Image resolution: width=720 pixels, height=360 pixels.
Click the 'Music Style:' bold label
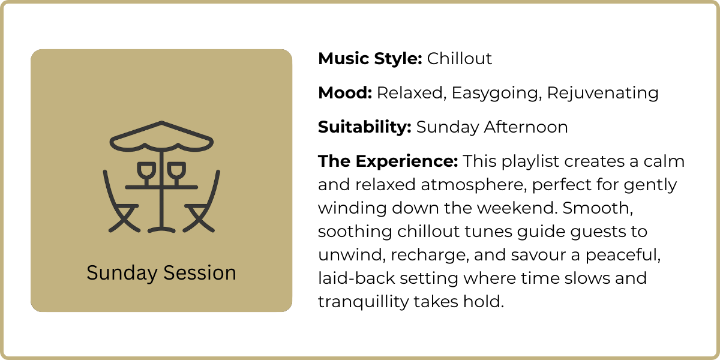pos(370,59)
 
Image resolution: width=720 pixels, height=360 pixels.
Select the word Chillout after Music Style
pos(460,59)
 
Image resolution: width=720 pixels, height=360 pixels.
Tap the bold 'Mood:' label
pos(345,93)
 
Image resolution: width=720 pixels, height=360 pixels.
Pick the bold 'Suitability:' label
pos(365,127)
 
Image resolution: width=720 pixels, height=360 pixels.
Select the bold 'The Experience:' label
pos(388,162)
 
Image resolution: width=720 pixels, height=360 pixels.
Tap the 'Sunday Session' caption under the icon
pos(161,273)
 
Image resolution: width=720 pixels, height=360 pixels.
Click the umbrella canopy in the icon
pos(161,137)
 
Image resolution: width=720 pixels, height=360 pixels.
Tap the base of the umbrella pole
pos(161,229)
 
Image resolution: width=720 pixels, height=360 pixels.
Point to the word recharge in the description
pos(427,255)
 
